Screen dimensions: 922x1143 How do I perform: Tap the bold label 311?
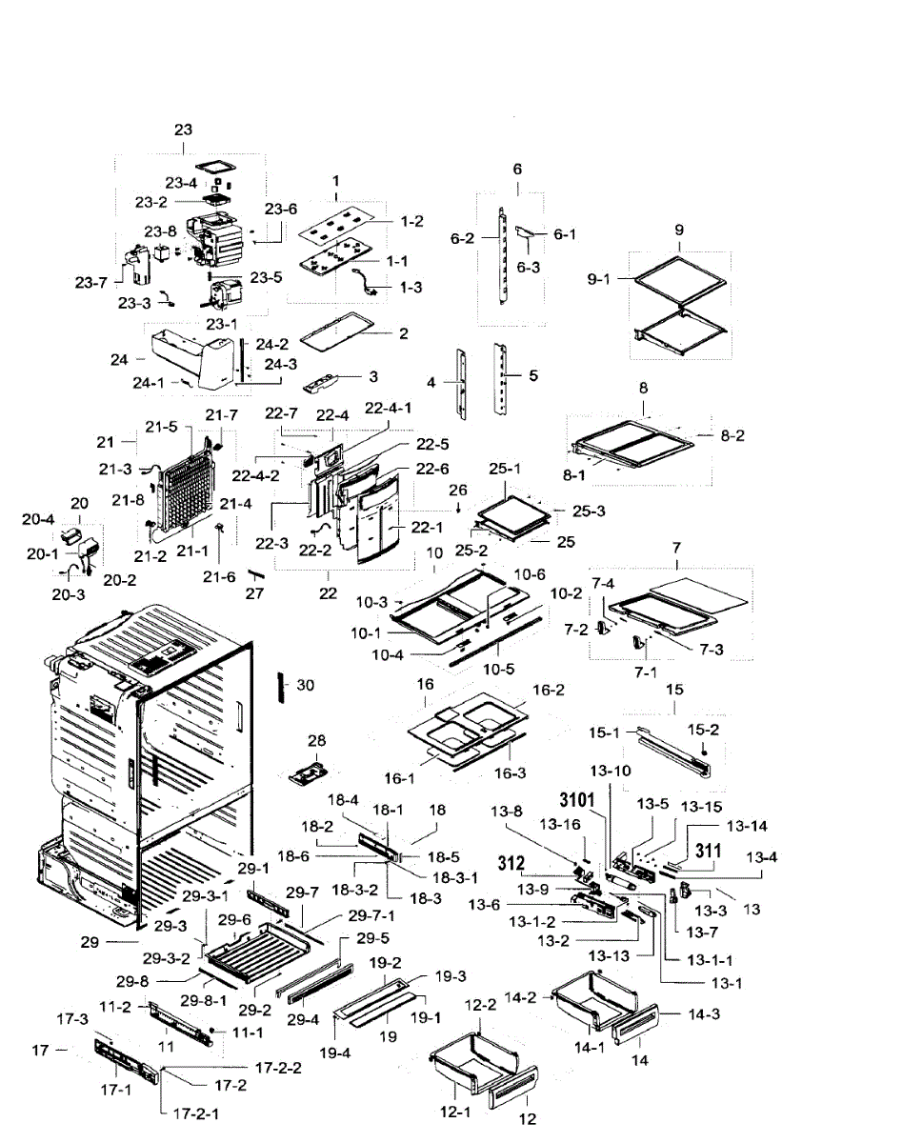[709, 851]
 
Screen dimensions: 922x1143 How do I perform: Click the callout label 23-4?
[181, 183]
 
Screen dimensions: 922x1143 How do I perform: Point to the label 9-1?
[598, 278]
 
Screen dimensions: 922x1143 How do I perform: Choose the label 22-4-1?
[389, 408]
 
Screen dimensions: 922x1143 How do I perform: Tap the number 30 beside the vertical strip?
[306, 685]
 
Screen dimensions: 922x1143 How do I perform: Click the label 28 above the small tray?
[316, 740]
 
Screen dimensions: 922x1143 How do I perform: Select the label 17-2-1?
[196, 1113]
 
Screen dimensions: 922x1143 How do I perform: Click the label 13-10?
[611, 771]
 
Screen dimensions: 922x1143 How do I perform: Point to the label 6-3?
[529, 267]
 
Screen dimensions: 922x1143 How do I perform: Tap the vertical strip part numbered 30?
[280, 688]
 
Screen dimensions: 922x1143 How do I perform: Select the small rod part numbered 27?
[255, 575]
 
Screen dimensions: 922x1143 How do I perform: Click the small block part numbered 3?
[321, 382]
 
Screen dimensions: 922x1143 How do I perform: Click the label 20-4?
[38, 519]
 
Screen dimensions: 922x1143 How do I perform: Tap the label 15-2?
[703, 730]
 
